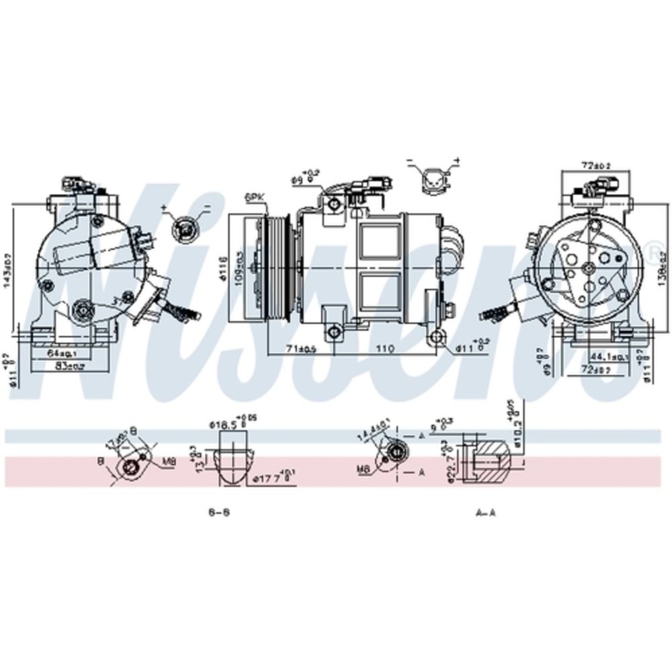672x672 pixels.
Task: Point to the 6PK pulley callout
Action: [255, 197]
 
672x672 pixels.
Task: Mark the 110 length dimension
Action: [384, 349]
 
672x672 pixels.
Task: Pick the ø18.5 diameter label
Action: [224, 424]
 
